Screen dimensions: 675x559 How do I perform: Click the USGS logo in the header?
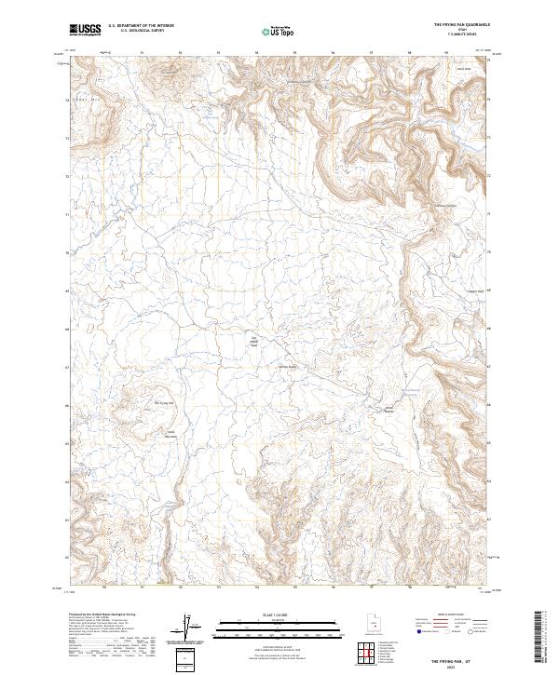(86, 30)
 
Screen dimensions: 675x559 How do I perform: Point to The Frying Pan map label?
(163, 402)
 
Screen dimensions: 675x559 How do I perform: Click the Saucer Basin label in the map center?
(289, 366)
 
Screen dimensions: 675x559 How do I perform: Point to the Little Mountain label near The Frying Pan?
(170, 433)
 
